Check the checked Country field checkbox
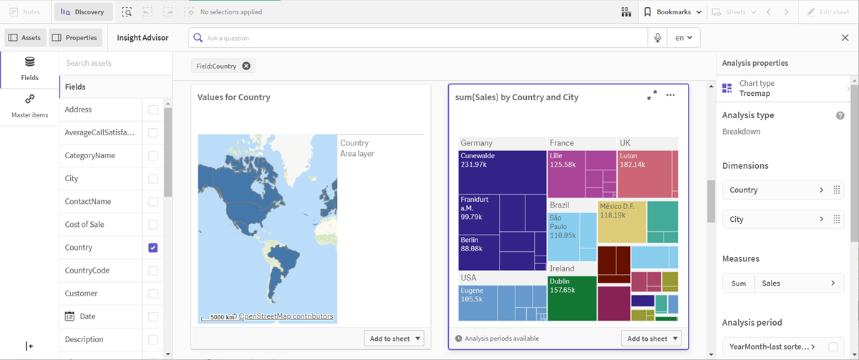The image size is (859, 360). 152,248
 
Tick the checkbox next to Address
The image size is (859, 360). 152,110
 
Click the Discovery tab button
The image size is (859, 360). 82,12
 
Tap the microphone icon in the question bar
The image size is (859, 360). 657,38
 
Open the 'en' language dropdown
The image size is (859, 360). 684,38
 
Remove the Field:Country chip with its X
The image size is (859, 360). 246,67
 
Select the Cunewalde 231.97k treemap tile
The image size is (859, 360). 502,172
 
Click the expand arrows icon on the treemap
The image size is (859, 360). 651,95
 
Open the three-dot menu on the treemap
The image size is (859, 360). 670,95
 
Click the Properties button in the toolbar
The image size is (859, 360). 75,38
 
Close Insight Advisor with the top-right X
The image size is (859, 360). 845,38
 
